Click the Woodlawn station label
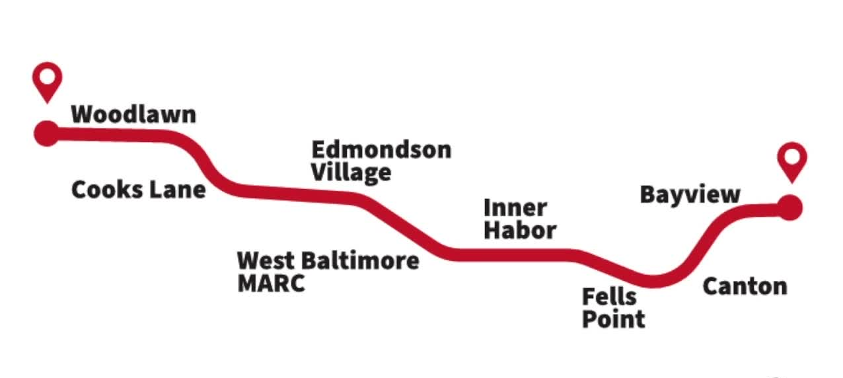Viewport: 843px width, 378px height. tap(133, 114)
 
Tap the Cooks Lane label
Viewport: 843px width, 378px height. tap(138, 190)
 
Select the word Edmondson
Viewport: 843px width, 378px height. tap(381, 149)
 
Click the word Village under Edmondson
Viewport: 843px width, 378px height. tap(351, 172)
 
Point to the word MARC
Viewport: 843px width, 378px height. tap(271, 283)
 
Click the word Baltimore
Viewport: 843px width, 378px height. tap(360, 260)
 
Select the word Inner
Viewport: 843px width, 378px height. tap(515, 208)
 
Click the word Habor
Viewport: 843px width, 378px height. tap(520, 231)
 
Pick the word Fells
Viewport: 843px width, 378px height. tap(608, 297)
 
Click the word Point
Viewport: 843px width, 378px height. tap(613, 319)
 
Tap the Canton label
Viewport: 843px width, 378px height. tap(745, 287)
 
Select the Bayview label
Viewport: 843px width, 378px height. tap(690, 195)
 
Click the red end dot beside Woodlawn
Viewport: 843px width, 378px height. tap(47, 133)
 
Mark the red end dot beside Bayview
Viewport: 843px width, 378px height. tap(789, 208)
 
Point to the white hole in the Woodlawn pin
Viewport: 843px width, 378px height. tap(47, 75)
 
